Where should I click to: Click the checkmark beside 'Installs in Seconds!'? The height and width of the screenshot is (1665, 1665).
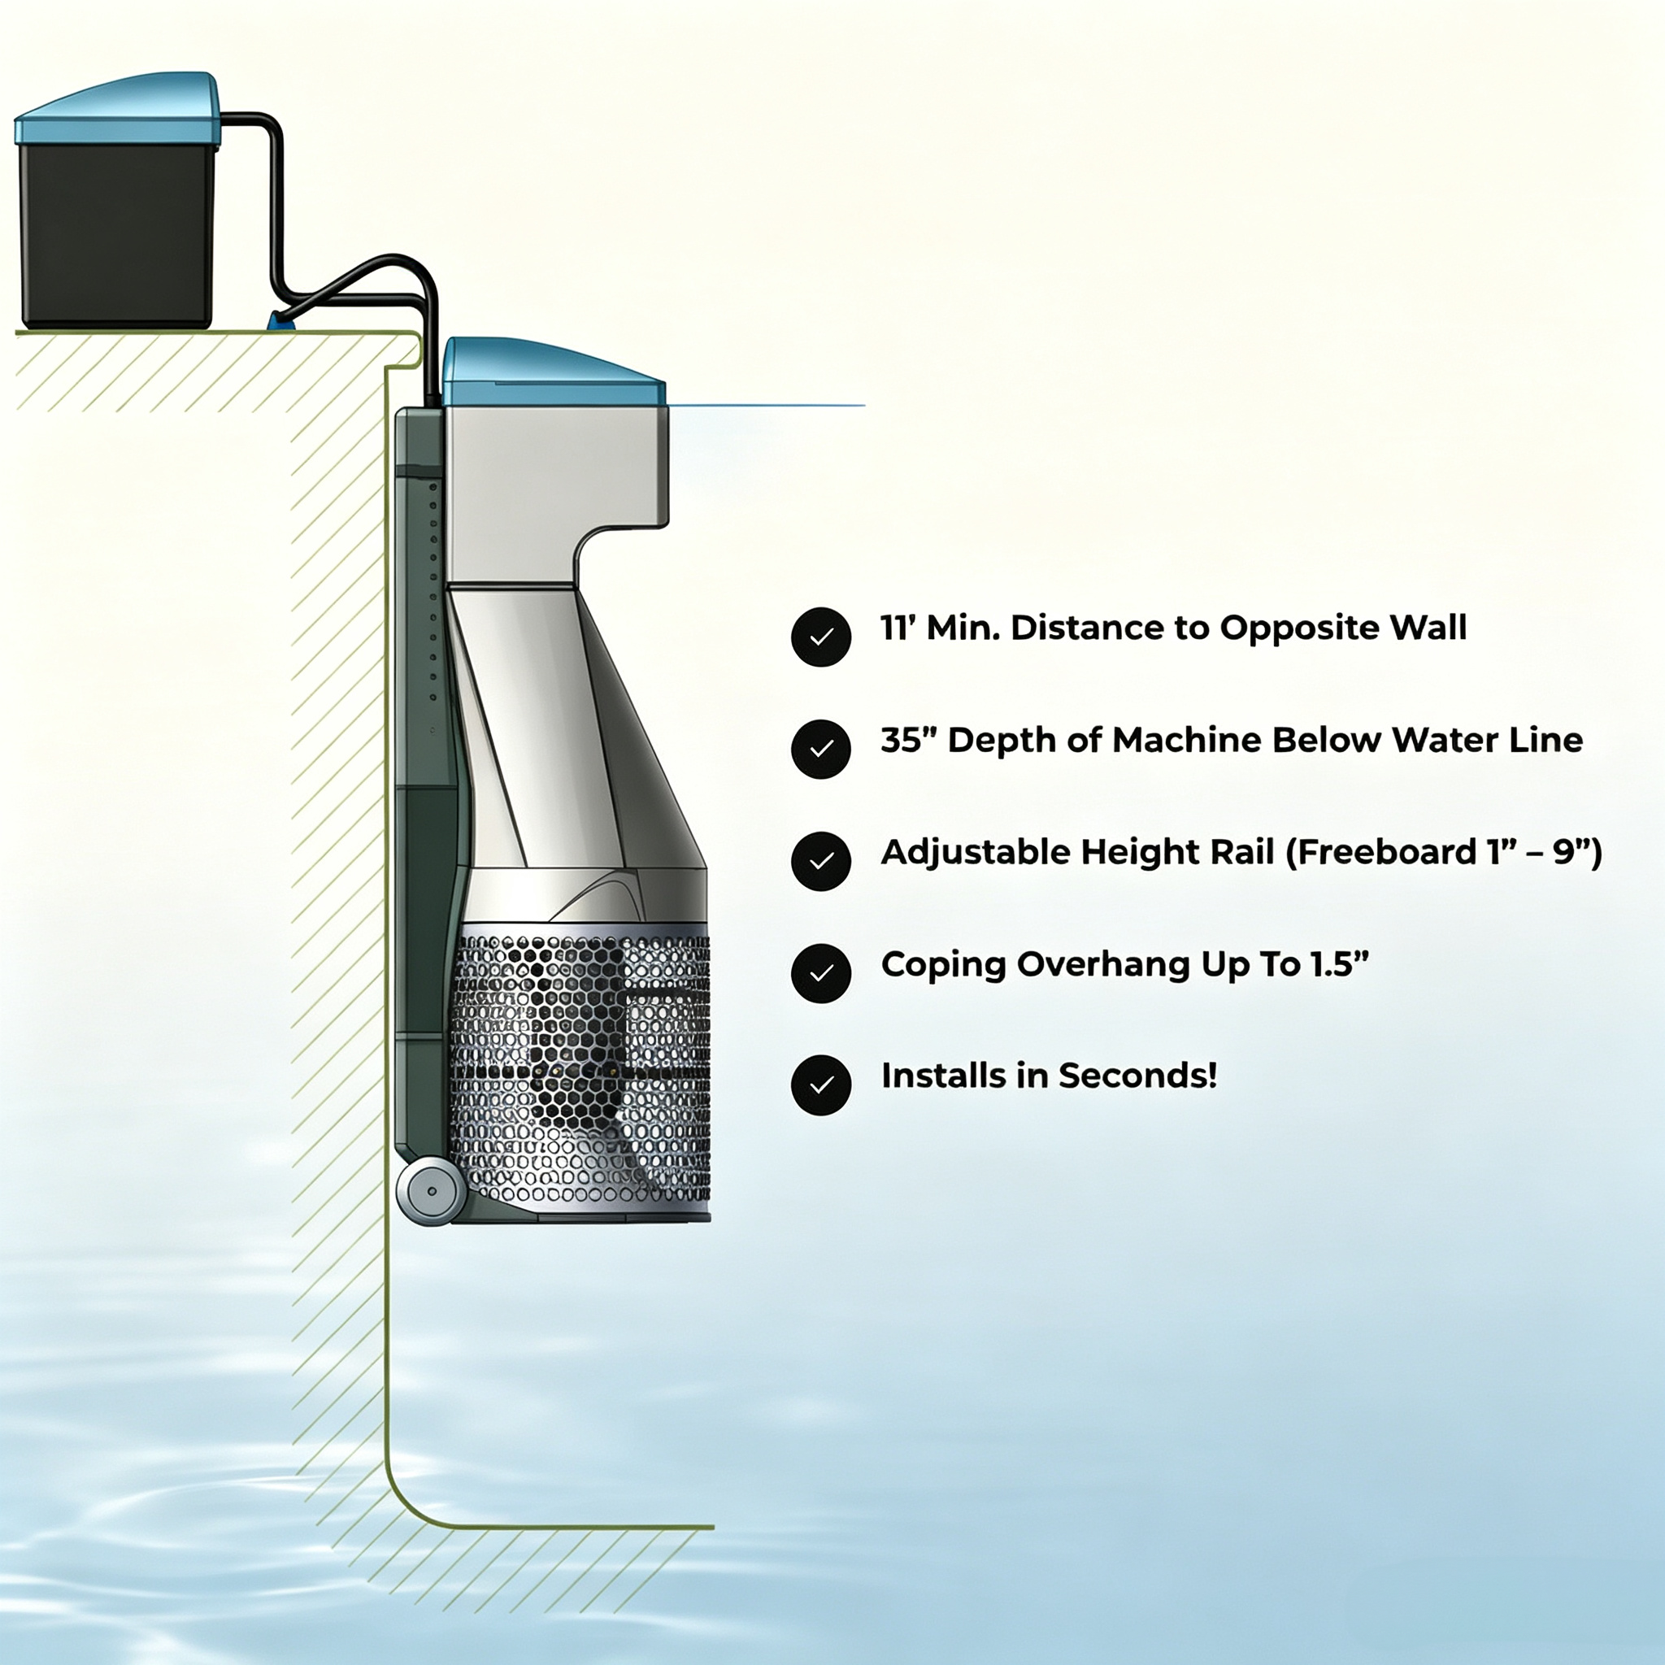tap(820, 1085)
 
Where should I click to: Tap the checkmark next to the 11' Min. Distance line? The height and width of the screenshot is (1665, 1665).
tap(820, 637)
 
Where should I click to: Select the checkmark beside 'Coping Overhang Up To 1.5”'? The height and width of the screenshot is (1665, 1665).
tap(820, 973)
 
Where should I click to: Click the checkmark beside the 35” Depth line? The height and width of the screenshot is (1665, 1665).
tap(820, 749)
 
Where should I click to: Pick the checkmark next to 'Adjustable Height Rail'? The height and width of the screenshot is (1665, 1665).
tap(820, 861)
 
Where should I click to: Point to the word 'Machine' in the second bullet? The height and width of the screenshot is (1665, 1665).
tap(1187, 741)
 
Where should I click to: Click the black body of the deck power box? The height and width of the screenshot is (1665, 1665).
tap(116, 234)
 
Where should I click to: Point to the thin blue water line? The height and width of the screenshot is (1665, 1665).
tap(765, 405)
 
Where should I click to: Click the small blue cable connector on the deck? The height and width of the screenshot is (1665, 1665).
tap(281, 321)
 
